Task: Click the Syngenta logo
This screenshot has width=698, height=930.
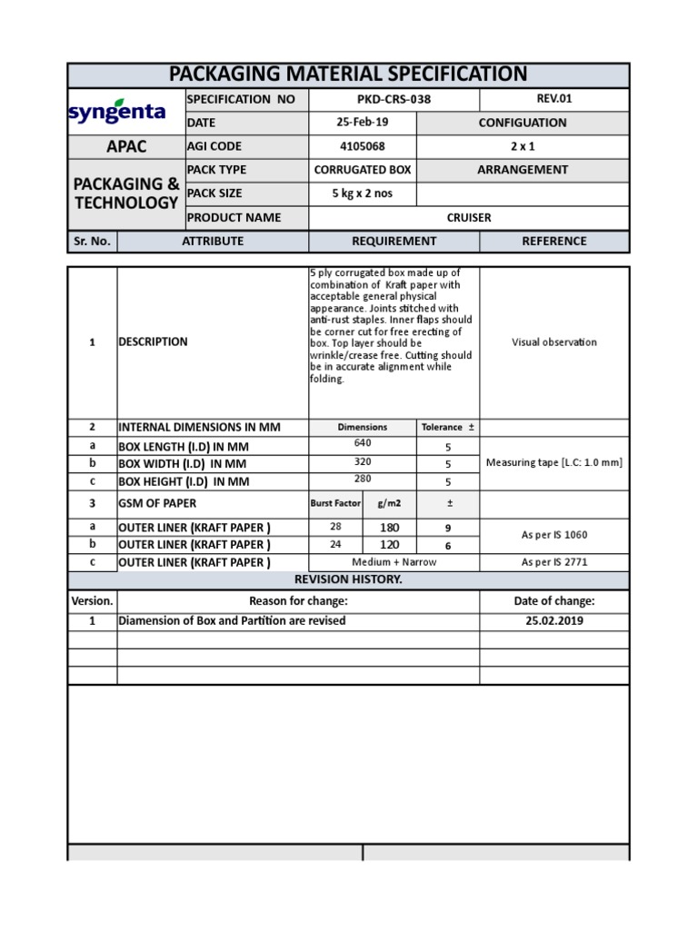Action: pos(116,112)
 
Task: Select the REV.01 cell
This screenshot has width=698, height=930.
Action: pos(554,99)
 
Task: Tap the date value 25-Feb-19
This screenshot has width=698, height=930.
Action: pos(362,123)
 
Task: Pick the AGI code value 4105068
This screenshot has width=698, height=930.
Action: pos(362,146)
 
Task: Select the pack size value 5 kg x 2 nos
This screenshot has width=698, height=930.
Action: pos(362,193)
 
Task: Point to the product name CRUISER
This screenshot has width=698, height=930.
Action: pos(468,217)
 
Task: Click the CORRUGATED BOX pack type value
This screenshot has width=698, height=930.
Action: pos(362,170)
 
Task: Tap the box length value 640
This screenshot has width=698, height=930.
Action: pos(362,443)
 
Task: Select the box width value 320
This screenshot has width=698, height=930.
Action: pos(362,460)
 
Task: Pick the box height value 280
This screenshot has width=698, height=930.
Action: pos(362,478)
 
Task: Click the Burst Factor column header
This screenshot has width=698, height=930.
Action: pos(335,503)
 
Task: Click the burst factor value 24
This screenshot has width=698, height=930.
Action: pos(335,545)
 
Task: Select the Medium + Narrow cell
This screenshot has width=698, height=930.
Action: pos(394,562)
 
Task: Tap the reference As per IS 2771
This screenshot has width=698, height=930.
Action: pos(554,562)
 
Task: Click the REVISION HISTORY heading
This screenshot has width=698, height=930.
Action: pos(349,580)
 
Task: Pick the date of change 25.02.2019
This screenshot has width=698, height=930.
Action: pos(554,621)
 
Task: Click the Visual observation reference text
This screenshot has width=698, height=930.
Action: pos(554,342)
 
